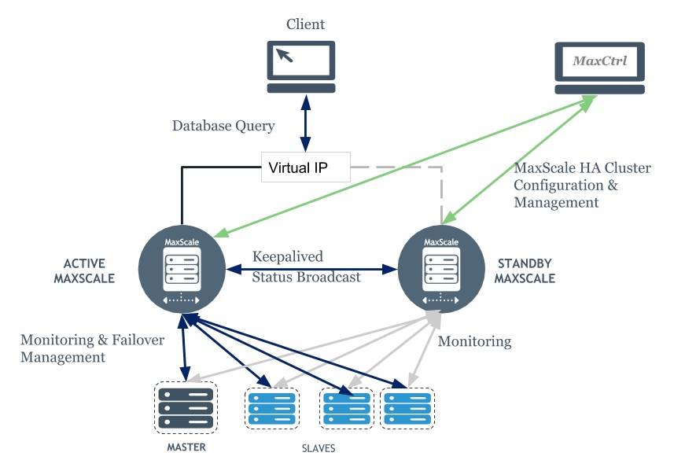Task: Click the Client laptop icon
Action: [301, 67]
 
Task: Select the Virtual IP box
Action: [305, 167]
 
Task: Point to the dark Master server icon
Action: [186, 407]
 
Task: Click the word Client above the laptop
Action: [306, 24]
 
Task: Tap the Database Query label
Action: [224, 126]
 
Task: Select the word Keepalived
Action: [288, 257]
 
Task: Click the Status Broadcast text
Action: [306, 277]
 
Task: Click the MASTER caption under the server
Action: [186, 447]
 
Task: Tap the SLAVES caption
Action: [319, 449]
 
